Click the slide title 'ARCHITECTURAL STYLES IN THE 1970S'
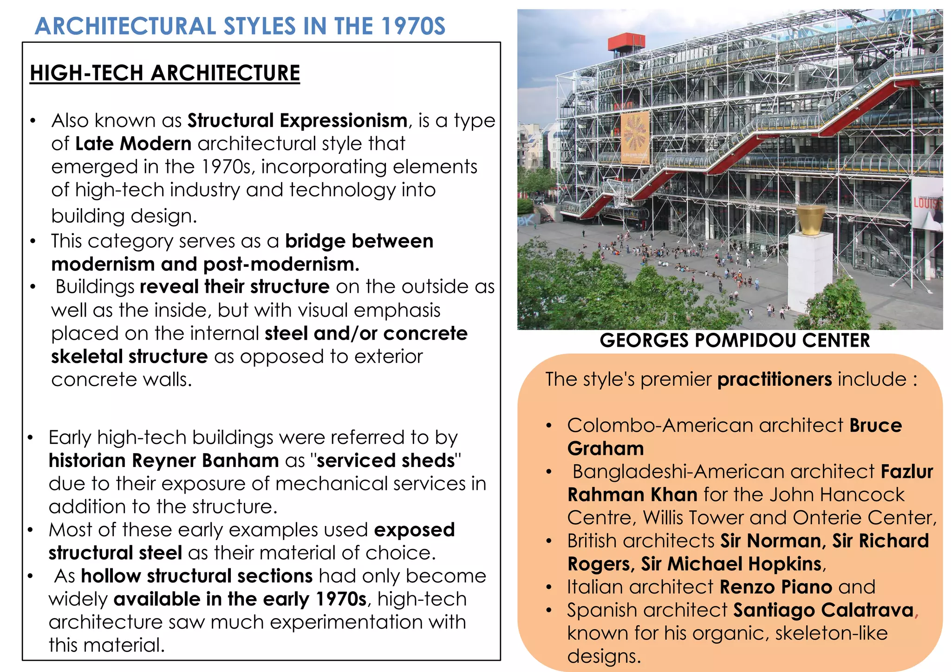(240, 26)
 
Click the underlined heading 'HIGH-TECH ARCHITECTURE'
(165, 73)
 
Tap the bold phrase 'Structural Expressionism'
(297, 121)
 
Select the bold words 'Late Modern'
(133, 144)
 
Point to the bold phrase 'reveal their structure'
(234, 287)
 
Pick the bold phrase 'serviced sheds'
(386, 461)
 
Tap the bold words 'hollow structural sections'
(197, 576)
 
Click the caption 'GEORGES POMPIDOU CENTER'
(735, 341)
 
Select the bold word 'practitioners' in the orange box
(775, 380)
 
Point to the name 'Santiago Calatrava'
(823, 610)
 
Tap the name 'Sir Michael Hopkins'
(731, 564)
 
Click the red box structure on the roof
(626, 42)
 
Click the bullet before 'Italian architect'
(549, 587)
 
